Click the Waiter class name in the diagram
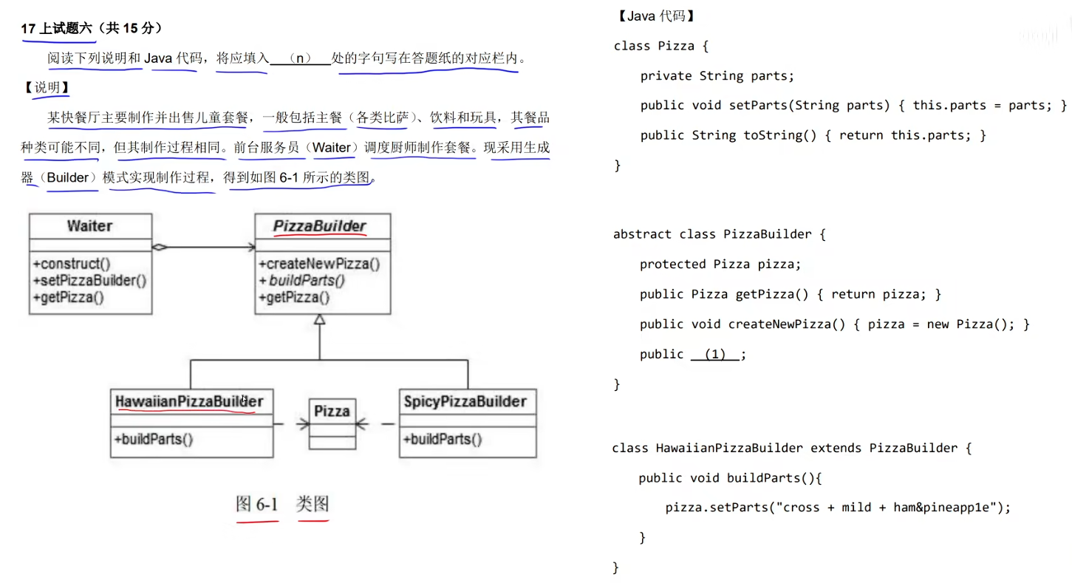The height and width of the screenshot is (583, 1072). pyautogui.click(x=90, y=226)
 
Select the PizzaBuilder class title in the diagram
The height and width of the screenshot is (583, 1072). pyautogui.click(x=320, y=226)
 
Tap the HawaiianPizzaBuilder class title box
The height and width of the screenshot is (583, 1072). pyautogui.click(x=189, y=401)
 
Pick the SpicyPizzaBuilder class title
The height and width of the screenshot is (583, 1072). pyautogui.click(x=465, y=401)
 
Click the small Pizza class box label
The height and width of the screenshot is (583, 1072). pyautogui.click(x=332, y=411)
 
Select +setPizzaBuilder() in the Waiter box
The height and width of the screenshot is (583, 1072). pyautogui.click(x=89, y=281)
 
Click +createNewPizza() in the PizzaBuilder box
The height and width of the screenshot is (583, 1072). pyautogui.click(x=319, y=264)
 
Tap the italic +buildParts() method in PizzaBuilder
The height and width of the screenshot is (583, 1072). pyautogui.click(x=302, y=281)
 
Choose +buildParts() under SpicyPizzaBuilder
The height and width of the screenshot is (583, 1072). pyautogui.click(x=443, y=440)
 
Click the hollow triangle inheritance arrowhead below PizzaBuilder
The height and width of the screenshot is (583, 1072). pyautogui.click(x=319, y=320)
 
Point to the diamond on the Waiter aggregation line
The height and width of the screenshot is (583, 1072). pyautogui.click(x=159, y=248)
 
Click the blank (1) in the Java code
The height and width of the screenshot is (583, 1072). pyautogui.click(x=714, y=355)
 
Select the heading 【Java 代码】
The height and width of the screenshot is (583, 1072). pyautogui.click(x=655, y=16)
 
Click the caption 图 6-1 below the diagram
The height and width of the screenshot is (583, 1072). pyautogui.click(x=257, y=505)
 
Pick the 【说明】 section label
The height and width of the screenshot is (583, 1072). pyautogui.click(x=47, y=88)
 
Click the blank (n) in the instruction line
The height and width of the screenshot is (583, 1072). pyautogui.click(x=300, y=58)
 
